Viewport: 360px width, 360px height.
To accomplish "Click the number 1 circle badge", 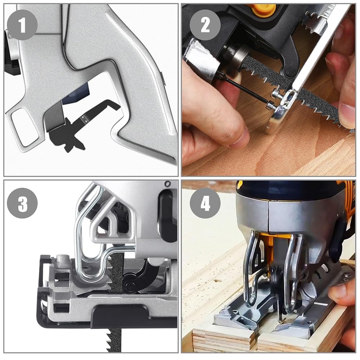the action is (x=22, y=25).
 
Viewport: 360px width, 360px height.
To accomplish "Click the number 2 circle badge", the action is (x=205, y=25).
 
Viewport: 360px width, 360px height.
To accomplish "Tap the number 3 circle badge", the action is (x=22, y=203).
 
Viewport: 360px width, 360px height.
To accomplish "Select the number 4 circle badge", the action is (x=205, y=203).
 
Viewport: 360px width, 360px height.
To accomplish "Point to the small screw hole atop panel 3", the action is (x=168, y=184).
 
